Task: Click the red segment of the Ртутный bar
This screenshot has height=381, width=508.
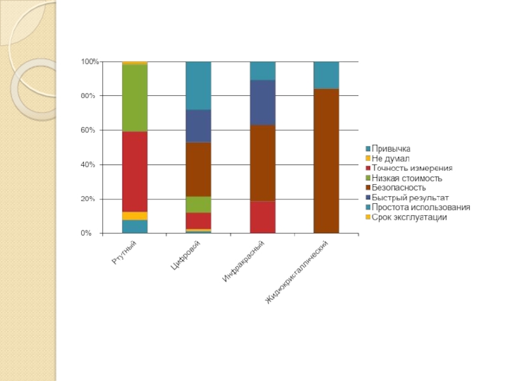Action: [x=135, y=171]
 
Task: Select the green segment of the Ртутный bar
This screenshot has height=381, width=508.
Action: [x=135, y=98]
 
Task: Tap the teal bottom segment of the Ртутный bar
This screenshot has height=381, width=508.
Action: [x=135, y=227]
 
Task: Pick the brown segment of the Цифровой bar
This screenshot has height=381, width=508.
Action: [x=198, y=170]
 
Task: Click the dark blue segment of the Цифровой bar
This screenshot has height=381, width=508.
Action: [x=198, y=126]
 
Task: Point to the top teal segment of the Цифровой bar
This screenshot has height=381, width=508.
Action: [x=198, y=86]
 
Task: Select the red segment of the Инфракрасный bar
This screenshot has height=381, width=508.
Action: [x=262, y=217]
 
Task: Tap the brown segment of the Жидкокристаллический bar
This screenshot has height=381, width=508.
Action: [x=326, y=161]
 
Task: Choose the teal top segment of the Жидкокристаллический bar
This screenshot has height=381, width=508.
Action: [x=326, y=75]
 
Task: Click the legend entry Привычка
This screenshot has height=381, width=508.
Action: [x=391, y=148]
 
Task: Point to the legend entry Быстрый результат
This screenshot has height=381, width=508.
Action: [x=410, y=197]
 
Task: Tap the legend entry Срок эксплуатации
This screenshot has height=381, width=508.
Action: [x=409, y=217]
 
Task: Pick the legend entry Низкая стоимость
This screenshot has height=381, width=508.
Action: [x=406, y=178]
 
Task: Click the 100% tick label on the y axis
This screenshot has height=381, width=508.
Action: [x=89, y=62]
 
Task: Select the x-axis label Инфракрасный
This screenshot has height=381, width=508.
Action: [x=244, y=262]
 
